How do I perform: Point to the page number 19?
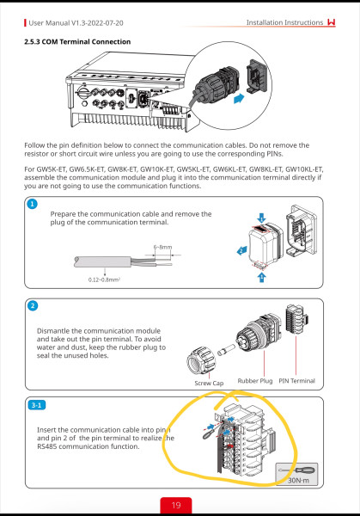pos(176,505)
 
